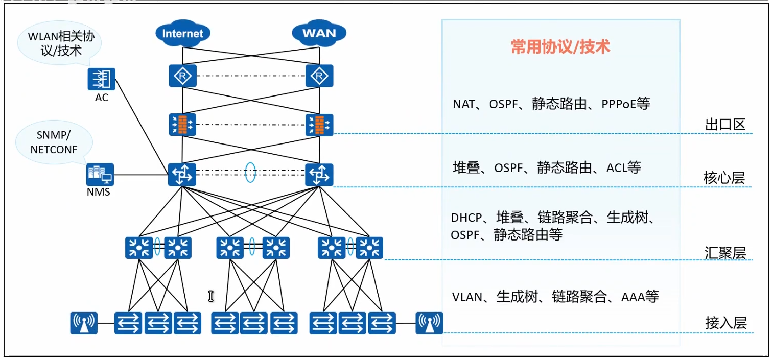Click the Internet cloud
pyautogui.click(x=182, y=34)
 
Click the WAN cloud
pyautogui.click(x=319, y=34)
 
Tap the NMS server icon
pyautogui.click(x=99, y=175)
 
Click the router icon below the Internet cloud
pyautogui.click(x=182, y=77)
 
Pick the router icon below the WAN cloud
pyautogui.click(x=319, y=77)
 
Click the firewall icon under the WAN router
pyautogui.click(x=319, y=124)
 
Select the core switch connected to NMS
pyautogui.click(x=182, y=175)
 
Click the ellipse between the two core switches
pyautogui.click(x=250, y=172)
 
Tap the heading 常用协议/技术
pyautogui.click(x=560, y=47)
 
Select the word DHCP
pyautogui.click(x=466, y=218)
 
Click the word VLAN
pyautogui.click(x=467, y=297)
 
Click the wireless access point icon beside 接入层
pyautogui.click(x=429, y=323)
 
